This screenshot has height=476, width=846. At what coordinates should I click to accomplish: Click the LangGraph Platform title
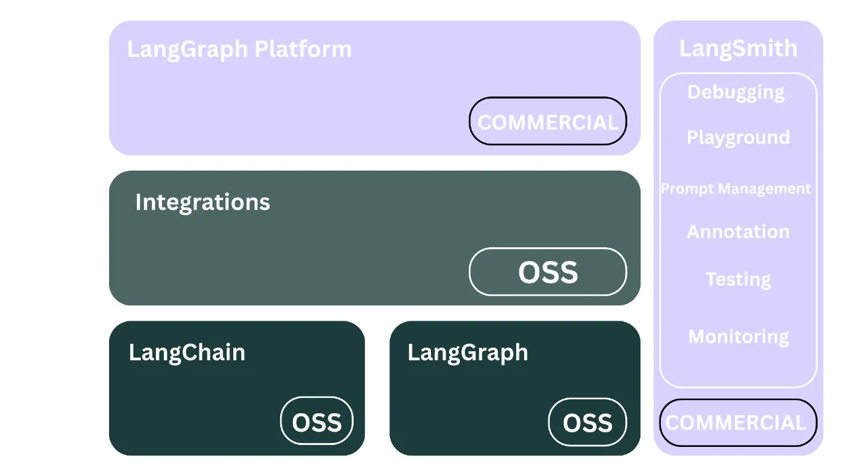(x=239, y=50)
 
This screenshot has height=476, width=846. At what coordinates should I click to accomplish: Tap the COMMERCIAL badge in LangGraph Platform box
(x=548, y=122)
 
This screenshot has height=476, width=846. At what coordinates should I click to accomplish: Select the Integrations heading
(x=202, y=202)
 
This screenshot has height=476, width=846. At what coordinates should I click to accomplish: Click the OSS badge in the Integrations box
(x=548, y=272)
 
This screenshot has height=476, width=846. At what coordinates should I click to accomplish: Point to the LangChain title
(x=187, y=352)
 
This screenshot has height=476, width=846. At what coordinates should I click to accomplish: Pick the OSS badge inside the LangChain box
(x=317, y=421)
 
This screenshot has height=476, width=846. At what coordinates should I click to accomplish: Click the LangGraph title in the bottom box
(x=468, y=352)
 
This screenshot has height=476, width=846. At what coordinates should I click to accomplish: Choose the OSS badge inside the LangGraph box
(x=588, y=422)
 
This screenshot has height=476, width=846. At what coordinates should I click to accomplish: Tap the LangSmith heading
(x=738, y=48)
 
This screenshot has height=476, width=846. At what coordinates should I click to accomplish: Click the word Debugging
(x=736, y=92)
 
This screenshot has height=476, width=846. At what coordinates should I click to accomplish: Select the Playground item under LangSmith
(x=738, y=138)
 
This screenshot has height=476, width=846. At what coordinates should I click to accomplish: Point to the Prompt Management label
(x=736, y=189)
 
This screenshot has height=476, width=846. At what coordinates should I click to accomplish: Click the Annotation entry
(x=738, y=231)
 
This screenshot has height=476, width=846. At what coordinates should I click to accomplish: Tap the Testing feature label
(x=738, y=279)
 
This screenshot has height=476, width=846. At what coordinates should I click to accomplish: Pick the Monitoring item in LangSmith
(x=738, y=337)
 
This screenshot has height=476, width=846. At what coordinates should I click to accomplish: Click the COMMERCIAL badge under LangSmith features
(x=736, y=422)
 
